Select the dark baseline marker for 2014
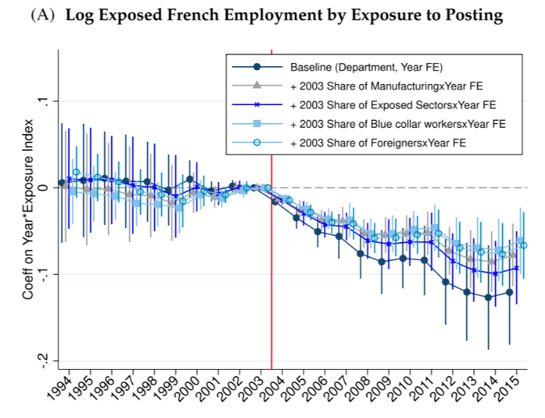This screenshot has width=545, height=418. pyautogui.click(x=488, y=297)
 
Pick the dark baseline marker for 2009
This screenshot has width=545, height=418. pyautogui.click(x=381, y=262)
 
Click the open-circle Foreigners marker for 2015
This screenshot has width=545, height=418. pyautogui.click(x=523, y=245)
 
